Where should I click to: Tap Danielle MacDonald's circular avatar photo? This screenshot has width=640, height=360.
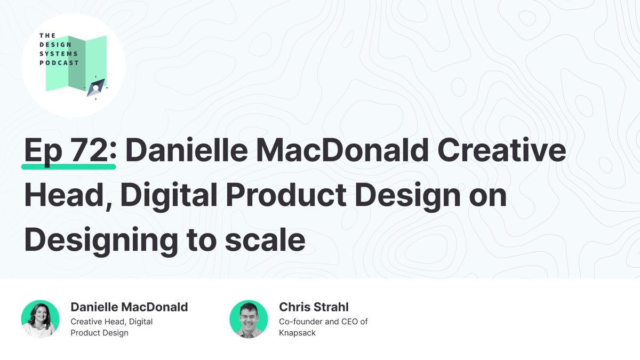(41, 319)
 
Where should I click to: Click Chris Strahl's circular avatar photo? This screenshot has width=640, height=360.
(249, 319)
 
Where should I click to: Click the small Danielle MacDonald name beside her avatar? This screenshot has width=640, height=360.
(129, 307)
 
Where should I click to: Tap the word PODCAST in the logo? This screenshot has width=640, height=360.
(59, 62)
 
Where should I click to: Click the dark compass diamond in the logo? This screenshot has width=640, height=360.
(96, 87)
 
